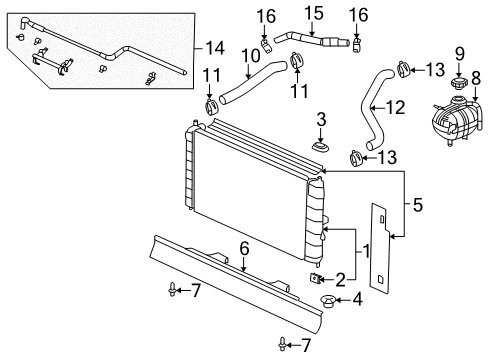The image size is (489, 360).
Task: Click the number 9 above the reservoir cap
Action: [459, 53]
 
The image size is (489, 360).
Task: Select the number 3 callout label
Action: [321, 121]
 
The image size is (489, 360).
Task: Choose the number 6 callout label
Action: [243, 248]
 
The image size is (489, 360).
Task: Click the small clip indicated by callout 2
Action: [317, 280]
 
